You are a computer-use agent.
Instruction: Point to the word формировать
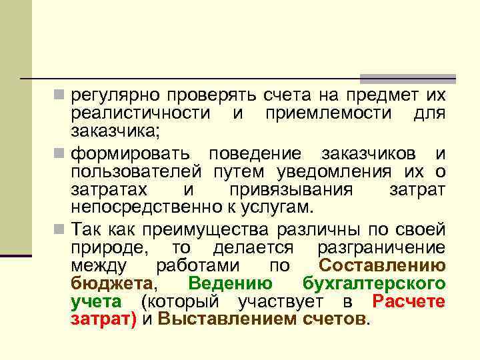(131, 155)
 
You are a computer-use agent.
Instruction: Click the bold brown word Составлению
(382, 266)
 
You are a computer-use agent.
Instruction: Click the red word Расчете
(409, 301)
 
